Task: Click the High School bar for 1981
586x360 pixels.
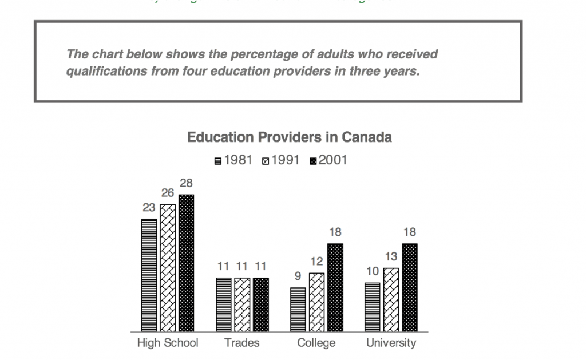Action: pyautogui.click(x=149, y=275)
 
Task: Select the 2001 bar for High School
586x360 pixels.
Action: pyautogui.click(x=186, y=263)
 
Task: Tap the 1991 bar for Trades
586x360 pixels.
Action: pyautogui.click(x=242, y=304)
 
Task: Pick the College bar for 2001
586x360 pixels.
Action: pyautogui.click(x=335, y=287)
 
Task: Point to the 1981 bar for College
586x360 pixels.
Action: pyautogui.click(x=298, y=309)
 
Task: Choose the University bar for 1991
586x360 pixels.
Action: pyautogui.click(x=391, y=299)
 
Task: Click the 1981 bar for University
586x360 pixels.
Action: pyautogui.click(x=373, y=307)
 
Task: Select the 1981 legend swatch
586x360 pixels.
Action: pyautogui.click(x=218, y=161)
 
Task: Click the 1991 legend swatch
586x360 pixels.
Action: pyautogui.click(x=266, y=161)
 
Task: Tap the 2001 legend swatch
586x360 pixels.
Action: pyautogui.click(x=313, y=161)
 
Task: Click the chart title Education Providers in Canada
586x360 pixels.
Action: pyautogui.click(x=290, y=137)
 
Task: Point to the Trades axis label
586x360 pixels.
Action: pyautogui.click(x=242, y=343)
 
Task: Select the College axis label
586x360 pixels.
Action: pyautogui.click(x=316, y=343)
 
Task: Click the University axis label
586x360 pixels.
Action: pyautogui.click(x=391, y=343)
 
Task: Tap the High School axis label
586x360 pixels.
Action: pyautogui.click(x=168, y=343)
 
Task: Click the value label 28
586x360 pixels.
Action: pyautogui.click(x=186, y=184)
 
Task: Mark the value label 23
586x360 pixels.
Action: pyautogui.click(x=149, y=208)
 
